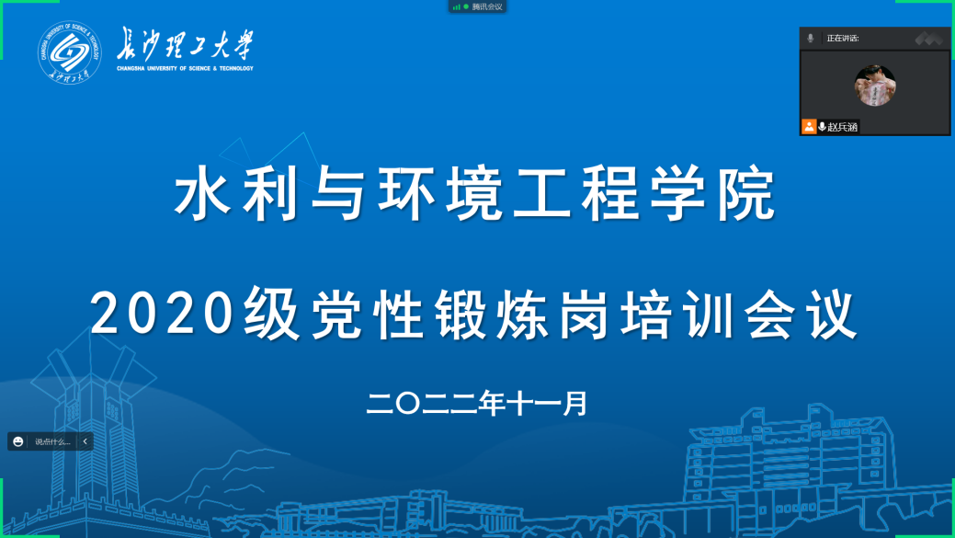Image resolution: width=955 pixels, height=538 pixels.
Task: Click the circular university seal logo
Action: tap(70, 52)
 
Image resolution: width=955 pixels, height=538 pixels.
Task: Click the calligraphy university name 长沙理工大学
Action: tap(185, 44)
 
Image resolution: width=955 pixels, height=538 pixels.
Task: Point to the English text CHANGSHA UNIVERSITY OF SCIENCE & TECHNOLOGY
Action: tap(185, 68)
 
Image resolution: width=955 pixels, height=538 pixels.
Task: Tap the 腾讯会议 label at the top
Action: tap(486, 6)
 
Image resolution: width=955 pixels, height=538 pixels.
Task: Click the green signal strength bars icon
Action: tap(456, 6)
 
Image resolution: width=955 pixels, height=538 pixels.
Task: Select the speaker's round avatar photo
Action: tap(875, 86)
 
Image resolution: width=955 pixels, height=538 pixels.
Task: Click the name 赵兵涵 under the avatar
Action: tap(842, 127)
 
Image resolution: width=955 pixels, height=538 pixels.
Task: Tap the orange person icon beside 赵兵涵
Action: tap(809, 126)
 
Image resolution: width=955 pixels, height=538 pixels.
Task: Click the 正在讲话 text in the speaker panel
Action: tap(842, 39)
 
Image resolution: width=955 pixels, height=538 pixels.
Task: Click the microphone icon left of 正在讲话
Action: tap(810, 38)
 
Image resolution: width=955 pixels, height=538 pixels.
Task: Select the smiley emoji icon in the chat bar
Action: tap(18, 441)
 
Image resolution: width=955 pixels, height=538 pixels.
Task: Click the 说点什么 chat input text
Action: tap(52, 441)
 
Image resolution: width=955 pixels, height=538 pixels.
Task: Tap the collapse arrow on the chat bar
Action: tap(85, 441)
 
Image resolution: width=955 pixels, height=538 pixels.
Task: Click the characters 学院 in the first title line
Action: tap(712, 194)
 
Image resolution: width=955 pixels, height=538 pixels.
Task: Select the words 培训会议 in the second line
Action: tap(739, 314)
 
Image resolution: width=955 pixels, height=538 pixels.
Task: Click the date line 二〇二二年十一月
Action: tap(477, 404)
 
